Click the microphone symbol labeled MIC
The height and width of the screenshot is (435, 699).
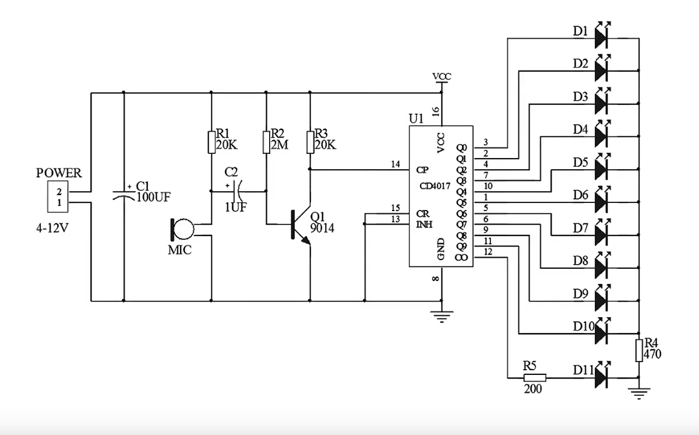(x=182, y=230)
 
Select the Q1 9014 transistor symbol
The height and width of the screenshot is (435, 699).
(x=301, y=225)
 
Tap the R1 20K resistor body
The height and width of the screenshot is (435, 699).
(x=211, y=142)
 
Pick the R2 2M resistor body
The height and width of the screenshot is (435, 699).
(x=266, y=142)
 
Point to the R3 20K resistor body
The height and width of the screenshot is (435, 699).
(x=310, y=142)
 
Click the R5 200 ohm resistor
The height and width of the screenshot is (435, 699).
(x=535, y=378)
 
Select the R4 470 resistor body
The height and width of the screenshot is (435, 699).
(x=639, y=350)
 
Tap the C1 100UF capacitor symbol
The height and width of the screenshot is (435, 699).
(x=124, y=194)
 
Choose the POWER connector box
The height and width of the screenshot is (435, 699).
(x=58, y=197)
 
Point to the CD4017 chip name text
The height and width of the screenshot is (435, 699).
(x=435, y=186)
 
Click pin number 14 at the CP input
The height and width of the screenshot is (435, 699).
(x=396, y=164)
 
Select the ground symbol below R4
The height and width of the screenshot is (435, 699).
(x=639, y=393)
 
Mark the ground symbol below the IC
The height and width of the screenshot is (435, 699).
(x=442, y=317)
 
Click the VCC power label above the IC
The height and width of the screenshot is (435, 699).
(x=442, y=76)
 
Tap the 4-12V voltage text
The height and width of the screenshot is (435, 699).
(x=52, y=229)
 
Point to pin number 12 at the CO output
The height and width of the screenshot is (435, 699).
(x=488, y=252)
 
